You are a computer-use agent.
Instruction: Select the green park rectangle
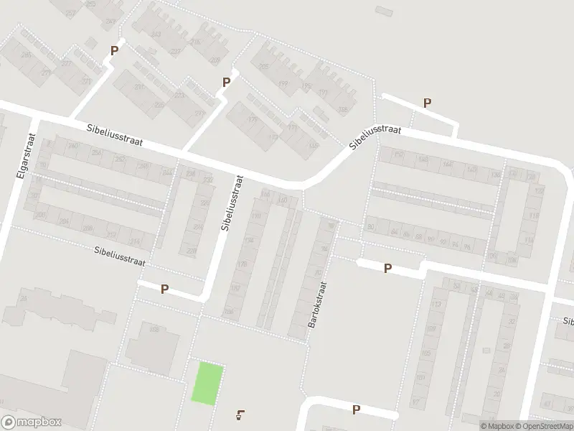click(x=207, y=384)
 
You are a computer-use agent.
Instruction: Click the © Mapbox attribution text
click(x=495, y=425)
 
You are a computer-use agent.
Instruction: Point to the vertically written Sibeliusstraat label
click(x=232, y=204)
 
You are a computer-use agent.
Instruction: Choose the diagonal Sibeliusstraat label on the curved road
click(x=375, y=135)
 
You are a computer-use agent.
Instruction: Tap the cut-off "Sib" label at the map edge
click(x=567, y=323)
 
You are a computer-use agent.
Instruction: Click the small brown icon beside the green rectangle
click(x=240, y=414)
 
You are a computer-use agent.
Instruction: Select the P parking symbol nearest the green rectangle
click(x=164, y=289)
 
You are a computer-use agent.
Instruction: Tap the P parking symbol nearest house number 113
click(x=387, y=268)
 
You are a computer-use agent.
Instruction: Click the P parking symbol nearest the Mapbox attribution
click(x=355, y=409)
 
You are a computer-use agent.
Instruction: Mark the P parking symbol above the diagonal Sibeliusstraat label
click(x=427, y=103)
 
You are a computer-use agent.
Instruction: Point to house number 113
click(x=435, y=304)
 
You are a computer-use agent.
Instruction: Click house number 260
click(x=72, y=147)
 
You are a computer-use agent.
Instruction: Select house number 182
click(x=234, y=288)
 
